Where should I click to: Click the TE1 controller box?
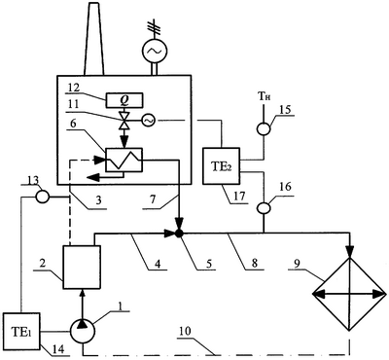(x=21, y=332)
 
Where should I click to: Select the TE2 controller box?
(x=221, y=166)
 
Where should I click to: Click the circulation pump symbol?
(x=83, y=332)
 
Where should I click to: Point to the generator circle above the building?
(x=155, y=51)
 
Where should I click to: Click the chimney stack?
(x=94, y=38)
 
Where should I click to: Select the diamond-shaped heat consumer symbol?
(x=349, y=294)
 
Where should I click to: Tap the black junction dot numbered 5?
(x=178, y=234)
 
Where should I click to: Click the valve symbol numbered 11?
(x=124, y=121)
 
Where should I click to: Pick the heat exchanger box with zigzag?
(x=124, y=160)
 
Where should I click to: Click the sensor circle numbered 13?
(x=42, y=197)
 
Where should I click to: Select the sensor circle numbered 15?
(x=264, y=129)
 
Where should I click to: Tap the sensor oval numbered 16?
(x=264, y=208)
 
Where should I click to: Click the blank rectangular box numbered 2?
(x=82, y=267)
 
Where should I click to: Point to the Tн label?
(x=263, y=97)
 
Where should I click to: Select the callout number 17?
(x=240, y=197)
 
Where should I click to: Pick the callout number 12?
(x=75, y=88)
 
